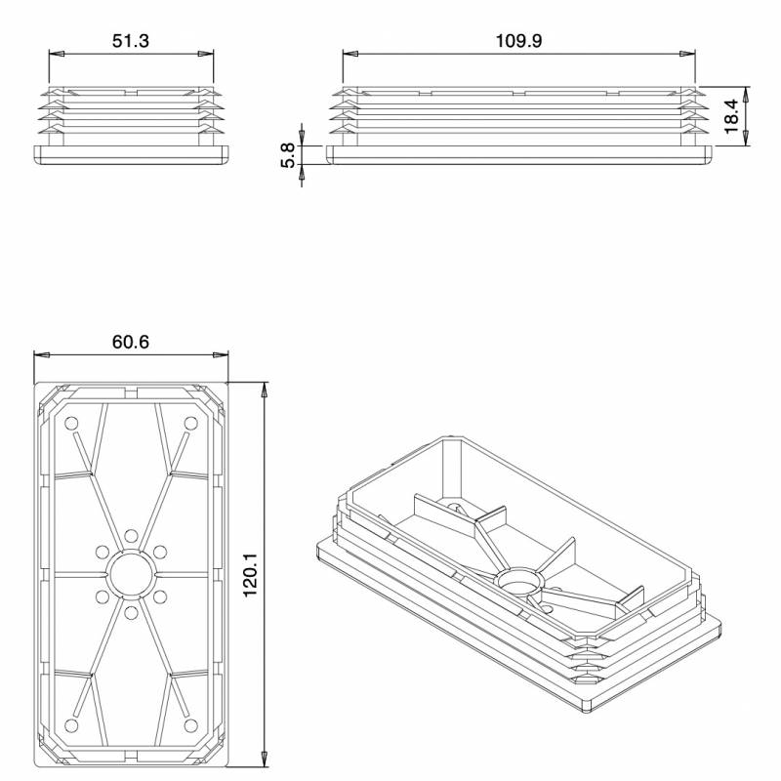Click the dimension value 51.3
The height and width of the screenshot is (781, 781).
[130, 40]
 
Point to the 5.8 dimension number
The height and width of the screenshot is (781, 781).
[288, 154]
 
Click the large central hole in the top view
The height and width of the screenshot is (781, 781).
[130, 574]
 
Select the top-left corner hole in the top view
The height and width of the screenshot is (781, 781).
[71, 424]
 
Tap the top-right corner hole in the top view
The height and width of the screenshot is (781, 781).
[190, 424]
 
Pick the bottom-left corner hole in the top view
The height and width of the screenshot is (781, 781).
[71, 724]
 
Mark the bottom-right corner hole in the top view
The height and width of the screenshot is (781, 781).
[190, 724]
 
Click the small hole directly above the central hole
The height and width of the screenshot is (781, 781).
[130, 535]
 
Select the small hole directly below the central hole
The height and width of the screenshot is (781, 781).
[130, 613]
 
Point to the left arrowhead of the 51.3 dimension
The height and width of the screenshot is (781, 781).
[55, 54]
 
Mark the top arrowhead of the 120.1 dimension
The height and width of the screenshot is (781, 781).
[265, 388]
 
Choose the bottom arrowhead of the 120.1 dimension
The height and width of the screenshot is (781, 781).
[265, 759]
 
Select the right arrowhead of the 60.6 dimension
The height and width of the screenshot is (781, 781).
[222, 354]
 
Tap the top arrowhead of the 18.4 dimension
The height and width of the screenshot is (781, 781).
[747, 92]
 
